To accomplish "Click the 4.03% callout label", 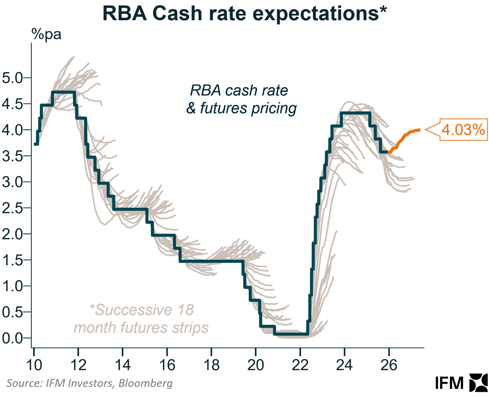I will (463, 130).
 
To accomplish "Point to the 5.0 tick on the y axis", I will (12, 78).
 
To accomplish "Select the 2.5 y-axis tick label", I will (12, 208).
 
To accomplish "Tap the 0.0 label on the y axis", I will (12, 338).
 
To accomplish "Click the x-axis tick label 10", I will (34, 365).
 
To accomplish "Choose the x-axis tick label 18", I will (211, 365).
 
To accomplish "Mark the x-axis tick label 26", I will (389, 365).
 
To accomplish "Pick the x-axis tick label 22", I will (300, 365).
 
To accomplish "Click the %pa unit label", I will (46, 34).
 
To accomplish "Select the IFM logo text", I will (449, 383).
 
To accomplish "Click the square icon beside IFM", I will (478, 383).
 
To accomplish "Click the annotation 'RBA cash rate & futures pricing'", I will (241, 99).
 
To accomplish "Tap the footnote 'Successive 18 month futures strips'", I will (141, 319).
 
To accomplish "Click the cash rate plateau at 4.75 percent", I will (63, 92).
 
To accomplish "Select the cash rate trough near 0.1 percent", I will (291, 334).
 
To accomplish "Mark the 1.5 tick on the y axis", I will (12, 260).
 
